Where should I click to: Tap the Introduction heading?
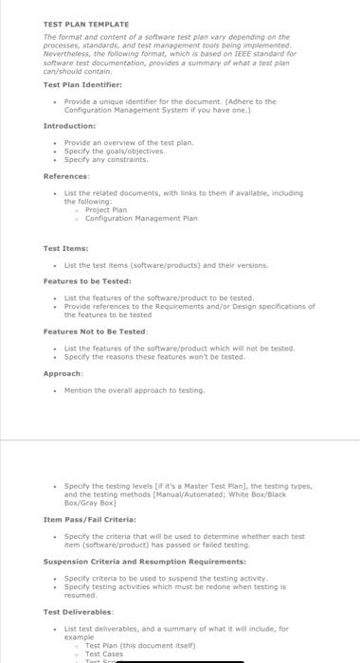click(x=69, y=125)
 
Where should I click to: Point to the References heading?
click(x=67, y=175)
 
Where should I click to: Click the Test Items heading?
click(x=65, y=248)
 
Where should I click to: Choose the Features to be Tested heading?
click(x=87, y=280)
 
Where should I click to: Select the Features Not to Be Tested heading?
click(x=95, y=331)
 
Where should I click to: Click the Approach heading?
click(x=63, y=373)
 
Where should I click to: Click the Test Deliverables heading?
click(x=79, y=611)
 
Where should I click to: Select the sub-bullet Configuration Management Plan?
click(x=141, y=218)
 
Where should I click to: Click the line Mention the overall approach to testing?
click(x=134, y=389)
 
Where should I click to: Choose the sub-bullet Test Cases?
click(x=104, y=654)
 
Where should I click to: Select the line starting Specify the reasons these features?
click(x=153, y=356)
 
